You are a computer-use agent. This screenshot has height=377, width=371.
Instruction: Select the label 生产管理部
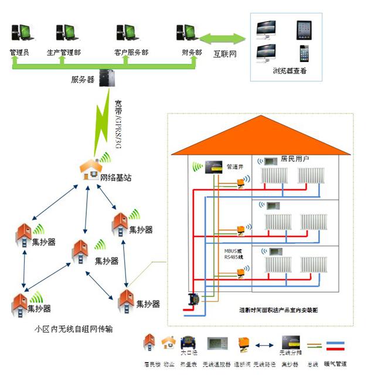tap(63, 53)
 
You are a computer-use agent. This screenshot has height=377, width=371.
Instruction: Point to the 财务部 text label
tap(192, 53)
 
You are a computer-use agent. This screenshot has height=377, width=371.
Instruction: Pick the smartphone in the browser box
tap(304, 53)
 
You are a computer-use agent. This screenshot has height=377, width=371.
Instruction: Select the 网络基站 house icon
tap(91, 169)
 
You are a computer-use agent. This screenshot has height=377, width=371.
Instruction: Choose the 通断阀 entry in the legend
tap(243, 364)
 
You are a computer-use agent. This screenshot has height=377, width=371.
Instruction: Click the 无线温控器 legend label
tap(216, 364)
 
